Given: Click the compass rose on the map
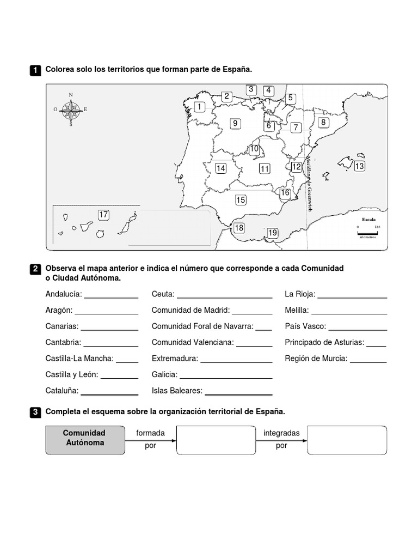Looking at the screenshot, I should (x=71, y=110).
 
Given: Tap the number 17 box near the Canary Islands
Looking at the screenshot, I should (x=103, y=215).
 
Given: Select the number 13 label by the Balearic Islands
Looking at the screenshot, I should (x=359, y=166).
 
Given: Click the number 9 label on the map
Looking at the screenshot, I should (x=235, y=124).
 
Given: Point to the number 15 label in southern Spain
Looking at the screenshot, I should (x=241, y=200).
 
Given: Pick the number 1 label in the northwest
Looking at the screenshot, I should (x=199, y=107).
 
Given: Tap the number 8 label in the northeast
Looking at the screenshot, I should (x=323, y=123).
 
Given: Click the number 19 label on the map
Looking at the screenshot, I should (x=273, y=233).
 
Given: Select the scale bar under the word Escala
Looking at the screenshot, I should (x=368, y=233).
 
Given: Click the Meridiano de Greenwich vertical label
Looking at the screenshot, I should (x=309, y=184).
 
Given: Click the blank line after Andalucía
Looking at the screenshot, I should (x=111, y=298).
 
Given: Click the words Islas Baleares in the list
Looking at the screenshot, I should (x=177, y=391).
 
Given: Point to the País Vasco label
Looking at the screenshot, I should (x=305, y=326).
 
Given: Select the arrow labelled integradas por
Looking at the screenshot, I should (x=281, y=440).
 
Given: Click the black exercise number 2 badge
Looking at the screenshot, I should (x=35, y=269).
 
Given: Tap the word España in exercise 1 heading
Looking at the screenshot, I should (x=238, y=70).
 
